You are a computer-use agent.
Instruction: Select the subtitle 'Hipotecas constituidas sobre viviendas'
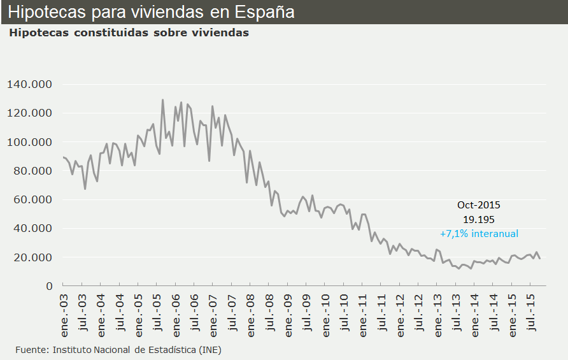[129, 32]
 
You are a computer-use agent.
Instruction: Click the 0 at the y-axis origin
[49, 286]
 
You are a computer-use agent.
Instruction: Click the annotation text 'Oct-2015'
[479, 205]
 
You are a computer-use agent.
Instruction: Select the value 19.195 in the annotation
[479, 219]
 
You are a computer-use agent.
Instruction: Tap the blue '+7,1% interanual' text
[479, 233]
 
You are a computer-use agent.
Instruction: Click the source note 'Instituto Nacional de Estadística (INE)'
[137, 350]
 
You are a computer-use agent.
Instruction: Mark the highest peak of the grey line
[162, 100]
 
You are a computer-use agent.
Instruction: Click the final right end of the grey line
[540, 258]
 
